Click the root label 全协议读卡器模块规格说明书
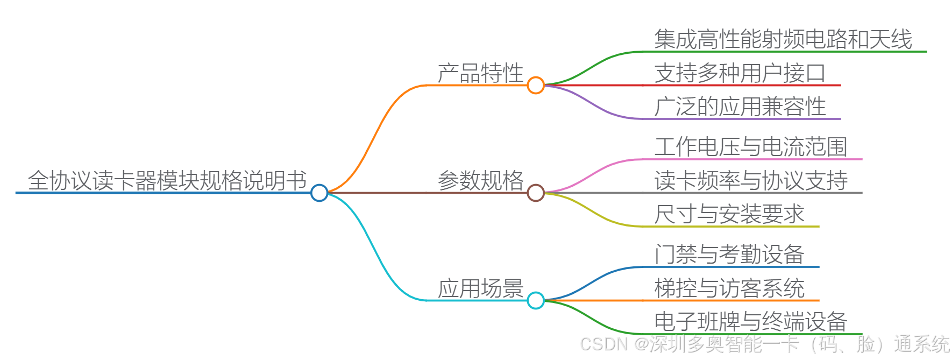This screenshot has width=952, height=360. pos(167,181)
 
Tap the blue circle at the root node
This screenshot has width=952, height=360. pos(319,193)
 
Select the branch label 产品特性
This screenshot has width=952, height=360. pos(480,73)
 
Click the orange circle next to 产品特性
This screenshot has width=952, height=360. pos(536,85)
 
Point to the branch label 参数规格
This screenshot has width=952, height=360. pos(480,180)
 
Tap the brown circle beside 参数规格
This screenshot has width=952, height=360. pos(536,193)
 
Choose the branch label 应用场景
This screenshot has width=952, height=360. pos(480,288)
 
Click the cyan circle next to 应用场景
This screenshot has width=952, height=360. pos(536,300)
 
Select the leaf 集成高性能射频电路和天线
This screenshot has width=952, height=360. pos(783,39)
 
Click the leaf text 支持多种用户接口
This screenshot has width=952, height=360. pos(740,73)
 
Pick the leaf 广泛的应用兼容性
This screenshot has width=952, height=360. pos(740,107)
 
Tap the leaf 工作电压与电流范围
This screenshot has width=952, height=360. pos(751,147)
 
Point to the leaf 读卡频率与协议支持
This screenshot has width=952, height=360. pos(751,180)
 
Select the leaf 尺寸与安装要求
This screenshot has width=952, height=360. pos(729,214)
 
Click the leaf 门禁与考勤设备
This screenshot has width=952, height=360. pos(729,255)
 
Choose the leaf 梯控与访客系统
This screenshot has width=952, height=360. pos(729,288)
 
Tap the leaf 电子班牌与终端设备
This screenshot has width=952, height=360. pos(751,322)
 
